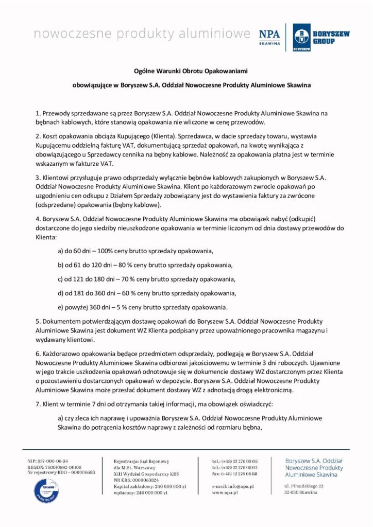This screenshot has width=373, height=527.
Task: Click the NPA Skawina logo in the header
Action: click(270, 37)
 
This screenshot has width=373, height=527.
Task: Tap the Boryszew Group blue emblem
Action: click(301, 37)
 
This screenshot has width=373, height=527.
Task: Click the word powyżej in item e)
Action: click(77, 308)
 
